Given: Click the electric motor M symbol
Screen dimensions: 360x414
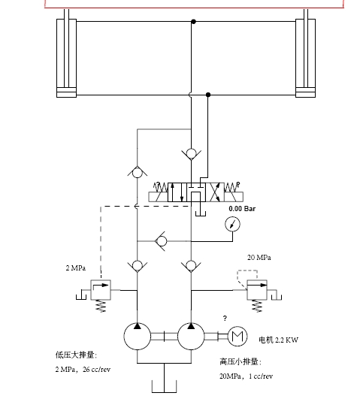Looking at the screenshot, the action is tap(237, 336).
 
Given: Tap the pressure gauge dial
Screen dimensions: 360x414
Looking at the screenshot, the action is tap(232, 224).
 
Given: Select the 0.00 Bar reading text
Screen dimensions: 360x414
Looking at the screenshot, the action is tap(242, 209).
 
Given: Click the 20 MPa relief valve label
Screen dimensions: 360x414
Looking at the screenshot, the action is tap(259, 258).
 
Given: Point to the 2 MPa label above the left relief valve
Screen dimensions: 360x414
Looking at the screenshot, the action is tap(76, 268).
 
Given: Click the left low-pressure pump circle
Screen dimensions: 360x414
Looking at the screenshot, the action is tap(138, 336).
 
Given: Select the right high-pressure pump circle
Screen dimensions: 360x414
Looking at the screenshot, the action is tap(191, 336).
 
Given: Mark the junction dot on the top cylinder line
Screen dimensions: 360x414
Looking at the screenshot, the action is tap(194, 22).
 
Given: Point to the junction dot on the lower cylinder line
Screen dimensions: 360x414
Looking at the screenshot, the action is tap(208, 95).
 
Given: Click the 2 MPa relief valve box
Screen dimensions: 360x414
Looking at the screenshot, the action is tap(101, 290).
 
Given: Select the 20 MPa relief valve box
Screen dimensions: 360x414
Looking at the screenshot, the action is tap(257, 290).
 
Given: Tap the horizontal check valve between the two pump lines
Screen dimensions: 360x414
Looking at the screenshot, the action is tap(161, 241).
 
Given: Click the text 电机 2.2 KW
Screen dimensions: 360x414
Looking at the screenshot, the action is tap(278, 340).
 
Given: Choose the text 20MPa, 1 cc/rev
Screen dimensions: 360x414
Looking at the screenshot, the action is tap(246, 376).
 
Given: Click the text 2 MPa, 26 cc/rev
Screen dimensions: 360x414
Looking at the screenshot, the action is tap(83, 369).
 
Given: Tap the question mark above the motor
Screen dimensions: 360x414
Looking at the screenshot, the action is tap(225, 318).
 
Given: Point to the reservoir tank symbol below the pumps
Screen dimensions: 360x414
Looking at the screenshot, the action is tap(164, 386).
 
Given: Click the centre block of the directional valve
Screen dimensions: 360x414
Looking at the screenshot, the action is tap(196, 192).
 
